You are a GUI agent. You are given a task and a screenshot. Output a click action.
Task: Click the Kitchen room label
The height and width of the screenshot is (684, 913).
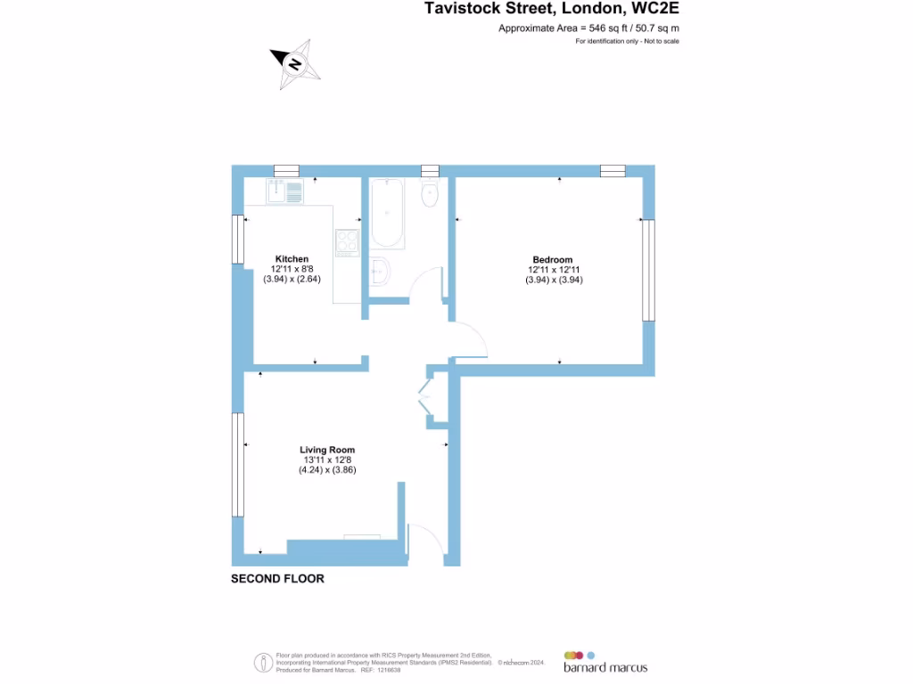292,259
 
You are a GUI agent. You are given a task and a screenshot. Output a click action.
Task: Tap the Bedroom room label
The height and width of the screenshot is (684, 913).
554,260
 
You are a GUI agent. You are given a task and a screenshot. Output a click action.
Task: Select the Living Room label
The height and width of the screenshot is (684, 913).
327,450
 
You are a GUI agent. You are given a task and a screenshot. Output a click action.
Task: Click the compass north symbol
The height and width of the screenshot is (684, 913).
294,63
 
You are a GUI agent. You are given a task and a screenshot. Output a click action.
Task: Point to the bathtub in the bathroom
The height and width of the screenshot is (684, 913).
387,214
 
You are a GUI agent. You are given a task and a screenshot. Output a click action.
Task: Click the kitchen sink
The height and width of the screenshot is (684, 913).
285,191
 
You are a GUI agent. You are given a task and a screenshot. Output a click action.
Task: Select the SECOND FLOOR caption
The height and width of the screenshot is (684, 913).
277,579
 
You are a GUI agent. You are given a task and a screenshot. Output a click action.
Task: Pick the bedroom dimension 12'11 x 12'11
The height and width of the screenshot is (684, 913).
554,270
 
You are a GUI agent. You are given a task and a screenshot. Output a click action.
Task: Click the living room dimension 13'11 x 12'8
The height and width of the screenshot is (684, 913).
327,460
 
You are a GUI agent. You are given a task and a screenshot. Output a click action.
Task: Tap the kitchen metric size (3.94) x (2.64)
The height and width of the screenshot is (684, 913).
292,279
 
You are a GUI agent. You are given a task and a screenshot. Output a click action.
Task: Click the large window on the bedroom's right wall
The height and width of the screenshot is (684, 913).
648,271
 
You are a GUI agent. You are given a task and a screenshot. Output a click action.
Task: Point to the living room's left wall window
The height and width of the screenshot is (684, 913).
238,464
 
